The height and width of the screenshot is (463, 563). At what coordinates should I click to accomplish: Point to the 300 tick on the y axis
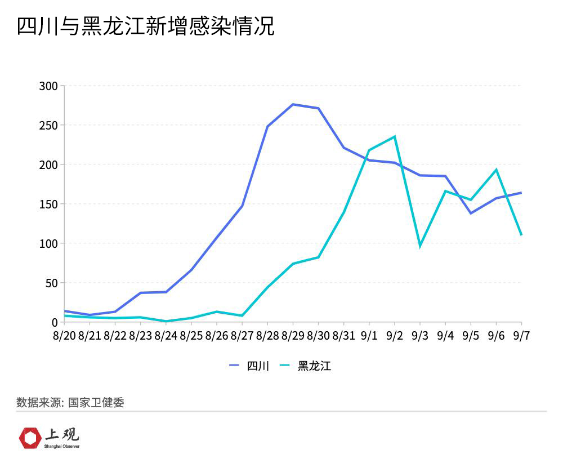pyautogui.click(x=48, y=86)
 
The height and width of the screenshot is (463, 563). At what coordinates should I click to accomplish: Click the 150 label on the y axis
pyautogui.click(x=48, y=204)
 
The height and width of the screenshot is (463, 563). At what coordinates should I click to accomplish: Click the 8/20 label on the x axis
pyautogui.click(x=64, y=336)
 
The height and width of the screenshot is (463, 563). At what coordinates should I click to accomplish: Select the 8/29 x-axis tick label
pyautogui.click(x=293, y=336)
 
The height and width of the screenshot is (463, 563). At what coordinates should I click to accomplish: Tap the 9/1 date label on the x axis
pyautogui.click(x=369, y=336)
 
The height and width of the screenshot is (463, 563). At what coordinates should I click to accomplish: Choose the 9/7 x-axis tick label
pyautogui.click(x=521, y=336)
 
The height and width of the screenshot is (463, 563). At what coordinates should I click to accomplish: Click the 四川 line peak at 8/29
pyautogui.click(x=293, y=104)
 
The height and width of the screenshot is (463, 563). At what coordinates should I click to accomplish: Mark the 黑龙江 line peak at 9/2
pyautogui.click(x=395, y=136)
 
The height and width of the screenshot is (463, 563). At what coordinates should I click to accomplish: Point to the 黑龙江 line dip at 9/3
pyautogui.click(x=420, y=246)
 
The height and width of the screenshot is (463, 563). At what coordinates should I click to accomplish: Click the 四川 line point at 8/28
pyautogui.click(x=267, y=126)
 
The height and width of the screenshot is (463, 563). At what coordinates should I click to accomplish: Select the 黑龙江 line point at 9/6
pyautogui.click(x=496, y=170)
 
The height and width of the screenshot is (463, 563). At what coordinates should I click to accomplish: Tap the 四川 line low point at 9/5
pyautogui.click(x=471, y=213)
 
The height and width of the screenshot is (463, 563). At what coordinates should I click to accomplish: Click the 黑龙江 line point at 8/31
pyautogui.click(x=343, y=212)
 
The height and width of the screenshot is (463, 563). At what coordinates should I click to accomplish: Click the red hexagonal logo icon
pyautogui.click(x=30, y=438)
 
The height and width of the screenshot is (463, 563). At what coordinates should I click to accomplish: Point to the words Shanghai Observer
pyautogui.click(x=62, y=446)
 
